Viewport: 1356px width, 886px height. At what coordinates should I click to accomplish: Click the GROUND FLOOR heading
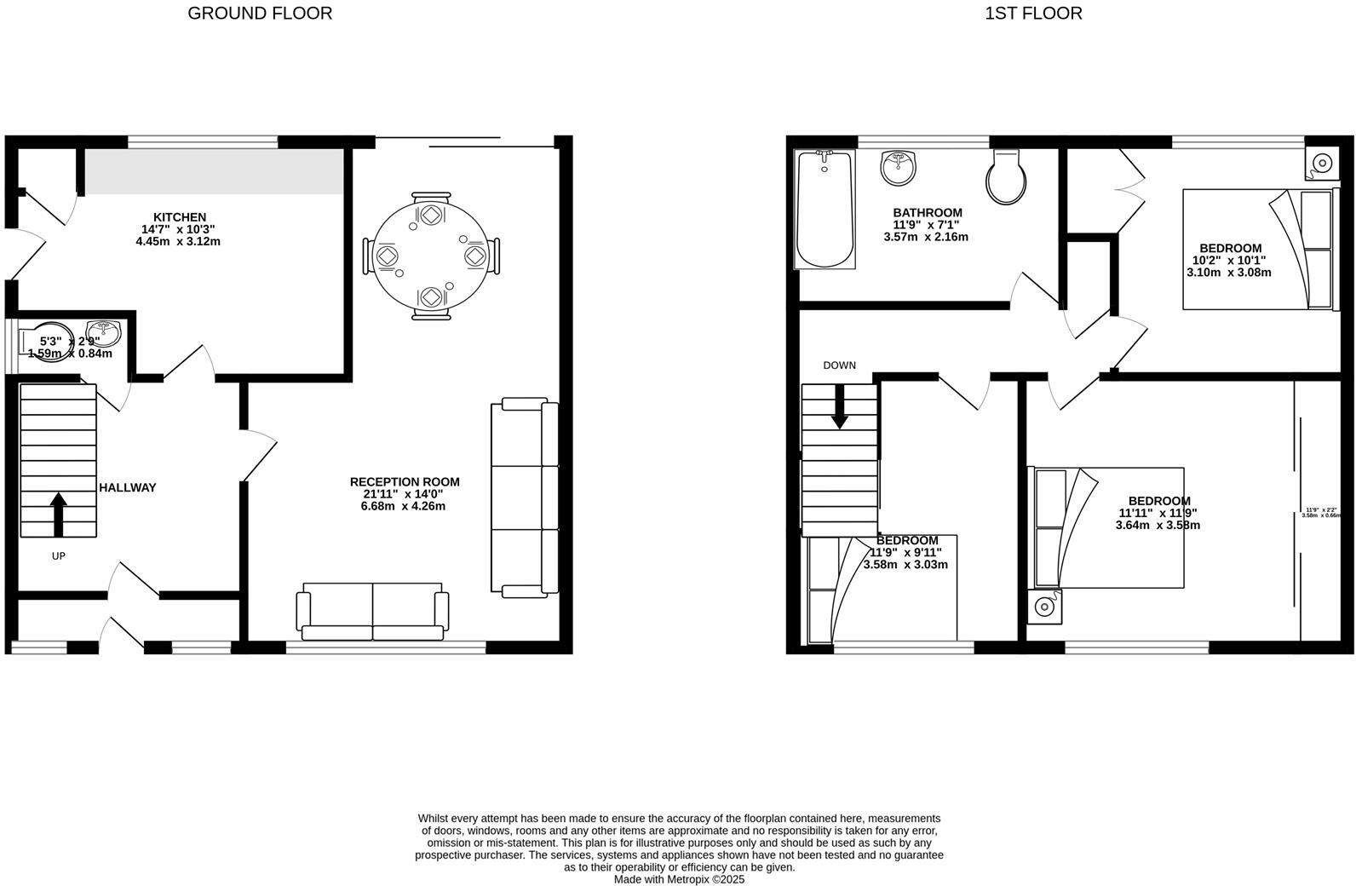(260, 14)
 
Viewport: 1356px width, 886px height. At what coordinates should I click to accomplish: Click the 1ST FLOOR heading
(1033, 14)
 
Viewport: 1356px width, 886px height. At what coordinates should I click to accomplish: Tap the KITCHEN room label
(179, 217)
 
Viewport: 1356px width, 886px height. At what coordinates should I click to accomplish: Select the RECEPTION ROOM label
(405, 482)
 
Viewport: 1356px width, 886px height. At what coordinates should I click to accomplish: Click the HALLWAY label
(128, 488)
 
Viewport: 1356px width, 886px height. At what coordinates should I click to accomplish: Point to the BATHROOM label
(927, 213)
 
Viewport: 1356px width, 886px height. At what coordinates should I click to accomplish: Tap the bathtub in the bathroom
(824, 210)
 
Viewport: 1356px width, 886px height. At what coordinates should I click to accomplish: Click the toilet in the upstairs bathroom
(1006, 177)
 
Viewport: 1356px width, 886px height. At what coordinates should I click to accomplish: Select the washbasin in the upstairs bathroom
(897, 168)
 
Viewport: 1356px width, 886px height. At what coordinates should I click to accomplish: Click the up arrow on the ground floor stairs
(59, 514)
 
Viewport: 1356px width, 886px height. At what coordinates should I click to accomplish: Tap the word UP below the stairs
(59, 556)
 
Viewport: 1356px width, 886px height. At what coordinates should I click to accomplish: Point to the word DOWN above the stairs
(839, 365)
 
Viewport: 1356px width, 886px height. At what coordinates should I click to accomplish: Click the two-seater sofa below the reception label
(372, 612)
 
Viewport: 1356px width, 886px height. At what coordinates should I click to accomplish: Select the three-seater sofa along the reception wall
(525, 498)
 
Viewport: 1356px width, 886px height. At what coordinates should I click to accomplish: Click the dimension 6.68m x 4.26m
(403, 506)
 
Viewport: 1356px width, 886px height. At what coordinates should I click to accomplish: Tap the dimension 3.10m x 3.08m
(1228, 273)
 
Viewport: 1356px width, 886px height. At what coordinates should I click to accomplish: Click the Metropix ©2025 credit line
(679, 880)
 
